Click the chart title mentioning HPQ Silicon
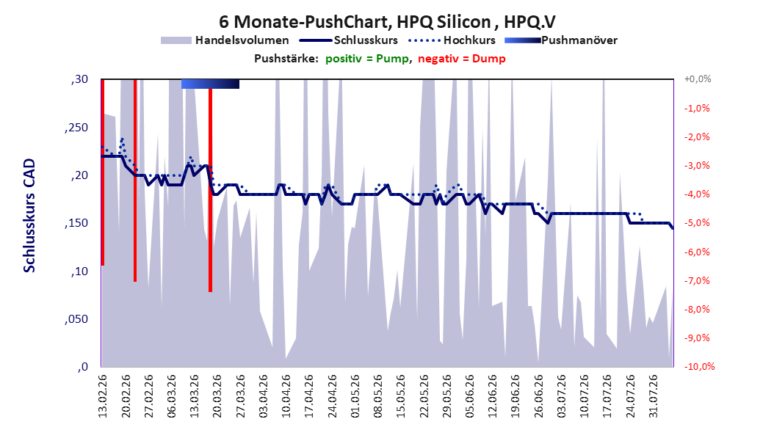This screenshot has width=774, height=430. click(x=387, y=22)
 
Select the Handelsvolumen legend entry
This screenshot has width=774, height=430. click(x=225, y=40)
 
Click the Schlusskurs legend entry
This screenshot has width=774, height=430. click(x=349, y=40)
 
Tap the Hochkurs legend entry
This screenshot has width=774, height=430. click(x=452, y=40)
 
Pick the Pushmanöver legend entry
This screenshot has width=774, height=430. click(x=561, y=40)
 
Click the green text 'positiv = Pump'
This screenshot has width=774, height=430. click(x=367, y=59)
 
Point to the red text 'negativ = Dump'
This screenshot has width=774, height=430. click(x=462, y=59)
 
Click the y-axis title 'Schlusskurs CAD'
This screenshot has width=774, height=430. click(x=29, y=216)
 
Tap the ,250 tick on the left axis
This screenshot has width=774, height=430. click(x=76, y=127)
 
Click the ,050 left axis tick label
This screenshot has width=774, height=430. click(x=76, y=319)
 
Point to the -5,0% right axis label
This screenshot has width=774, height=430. click(x=697, y=223)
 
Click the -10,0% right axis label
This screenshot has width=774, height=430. click(x=699, y=366)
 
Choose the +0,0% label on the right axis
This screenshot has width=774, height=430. click(x=698, y=79)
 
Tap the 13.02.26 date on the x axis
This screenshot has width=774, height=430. click(x=102, y=396)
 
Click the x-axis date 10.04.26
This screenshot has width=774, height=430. click(x=286, y=396)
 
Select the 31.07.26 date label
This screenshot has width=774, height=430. click(x=653, y=396)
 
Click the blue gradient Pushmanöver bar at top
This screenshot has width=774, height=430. click(x=210, y=84)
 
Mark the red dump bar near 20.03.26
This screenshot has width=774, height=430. click(x=210, y=190)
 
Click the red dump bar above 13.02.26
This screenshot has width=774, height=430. click(x=103, y=172)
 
